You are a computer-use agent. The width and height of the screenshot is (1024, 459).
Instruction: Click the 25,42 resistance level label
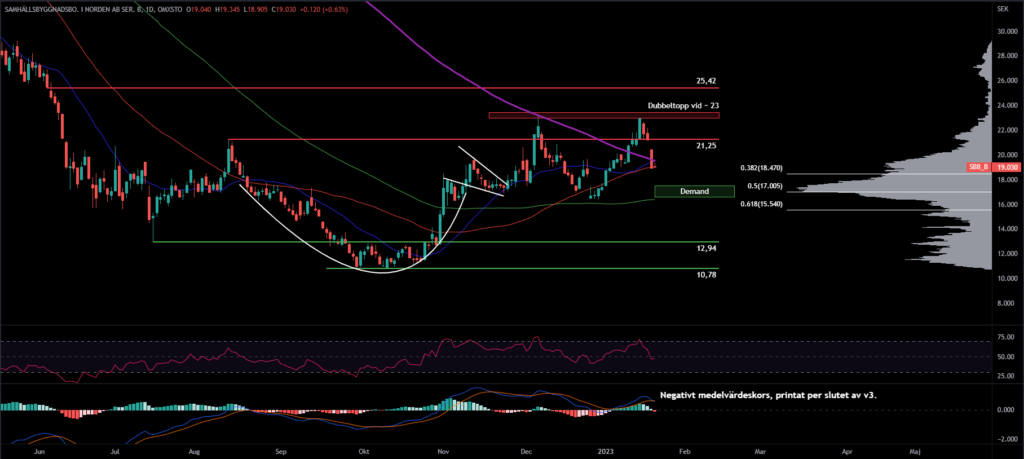[706, 81]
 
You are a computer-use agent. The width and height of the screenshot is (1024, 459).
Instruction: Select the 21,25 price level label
[706, 145]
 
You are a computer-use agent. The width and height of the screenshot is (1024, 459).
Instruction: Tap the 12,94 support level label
[706, 248]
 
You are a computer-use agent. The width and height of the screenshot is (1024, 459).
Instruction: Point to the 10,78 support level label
[706, 275]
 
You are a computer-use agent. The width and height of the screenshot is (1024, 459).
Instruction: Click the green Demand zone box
[694, 191]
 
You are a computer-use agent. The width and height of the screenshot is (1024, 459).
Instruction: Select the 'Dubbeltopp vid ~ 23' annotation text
[683, 105]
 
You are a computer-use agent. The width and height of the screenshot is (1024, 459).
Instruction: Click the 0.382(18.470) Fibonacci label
[761, 168]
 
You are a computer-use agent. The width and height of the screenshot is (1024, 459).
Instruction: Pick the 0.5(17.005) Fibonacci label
[765, 186]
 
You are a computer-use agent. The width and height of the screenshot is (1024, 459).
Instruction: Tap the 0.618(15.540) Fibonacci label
[761, 204]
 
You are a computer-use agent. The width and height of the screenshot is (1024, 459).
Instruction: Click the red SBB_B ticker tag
[978, 167]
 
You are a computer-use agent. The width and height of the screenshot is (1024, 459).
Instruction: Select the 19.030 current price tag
[1008, 167]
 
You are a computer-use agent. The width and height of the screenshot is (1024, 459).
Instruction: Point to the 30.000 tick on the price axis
[1007, 32]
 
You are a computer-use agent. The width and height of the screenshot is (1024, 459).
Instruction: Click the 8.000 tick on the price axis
[1005, 303]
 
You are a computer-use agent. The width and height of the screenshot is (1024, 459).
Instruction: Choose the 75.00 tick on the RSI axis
[1005, 337]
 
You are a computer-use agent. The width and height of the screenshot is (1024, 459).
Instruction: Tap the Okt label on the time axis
[364, 452]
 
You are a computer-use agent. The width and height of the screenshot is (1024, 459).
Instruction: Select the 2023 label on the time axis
[605, 452]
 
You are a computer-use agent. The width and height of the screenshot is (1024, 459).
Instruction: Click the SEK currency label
[1003, 9]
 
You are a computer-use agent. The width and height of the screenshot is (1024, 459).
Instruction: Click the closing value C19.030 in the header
[284, 10]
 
